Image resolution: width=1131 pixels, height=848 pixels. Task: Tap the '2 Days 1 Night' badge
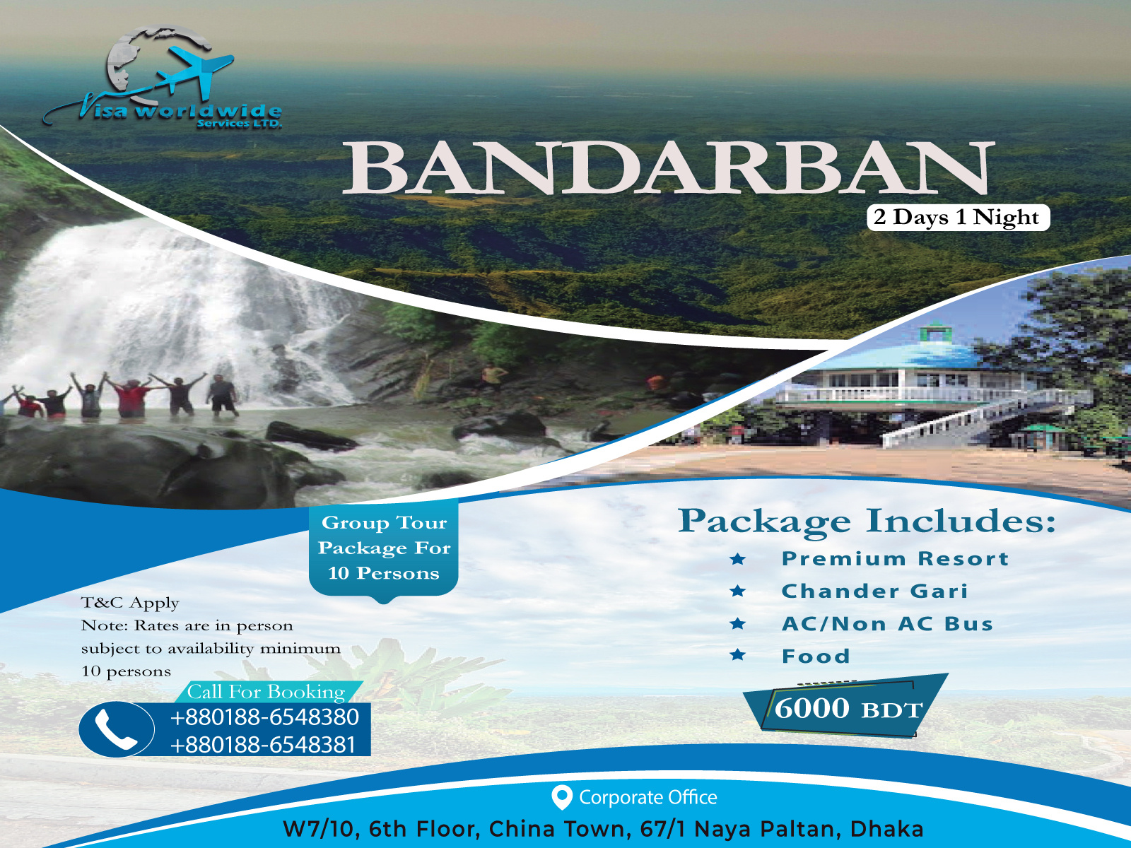pos(957,218)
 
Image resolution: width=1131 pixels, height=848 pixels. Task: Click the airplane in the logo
pos(195,70)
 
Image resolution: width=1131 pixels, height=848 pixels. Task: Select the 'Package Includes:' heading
pos(867,522)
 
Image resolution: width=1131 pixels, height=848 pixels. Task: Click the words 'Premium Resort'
pos(895,559)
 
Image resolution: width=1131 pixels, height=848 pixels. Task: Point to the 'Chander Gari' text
pos(874,591)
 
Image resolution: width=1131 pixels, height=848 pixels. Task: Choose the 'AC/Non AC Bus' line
pos(887,624)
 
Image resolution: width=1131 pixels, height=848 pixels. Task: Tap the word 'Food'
pos(816,656)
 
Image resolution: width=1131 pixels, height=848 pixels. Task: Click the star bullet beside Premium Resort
pos(738,560)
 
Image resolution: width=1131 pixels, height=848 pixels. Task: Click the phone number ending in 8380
pos(264,717)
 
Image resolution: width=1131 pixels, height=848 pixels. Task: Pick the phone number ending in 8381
pos(262,745)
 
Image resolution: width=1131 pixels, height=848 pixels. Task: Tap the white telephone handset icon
pos(115,730)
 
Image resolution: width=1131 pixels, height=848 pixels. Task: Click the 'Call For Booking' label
pos(266,692)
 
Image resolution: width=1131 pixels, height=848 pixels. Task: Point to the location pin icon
pos(561,797)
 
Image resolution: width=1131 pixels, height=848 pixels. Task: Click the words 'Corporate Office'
pos(647,798)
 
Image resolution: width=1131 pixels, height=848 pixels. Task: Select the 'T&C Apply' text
pos(130,603)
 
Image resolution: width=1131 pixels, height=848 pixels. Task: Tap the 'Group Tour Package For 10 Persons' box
pos(384,548)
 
